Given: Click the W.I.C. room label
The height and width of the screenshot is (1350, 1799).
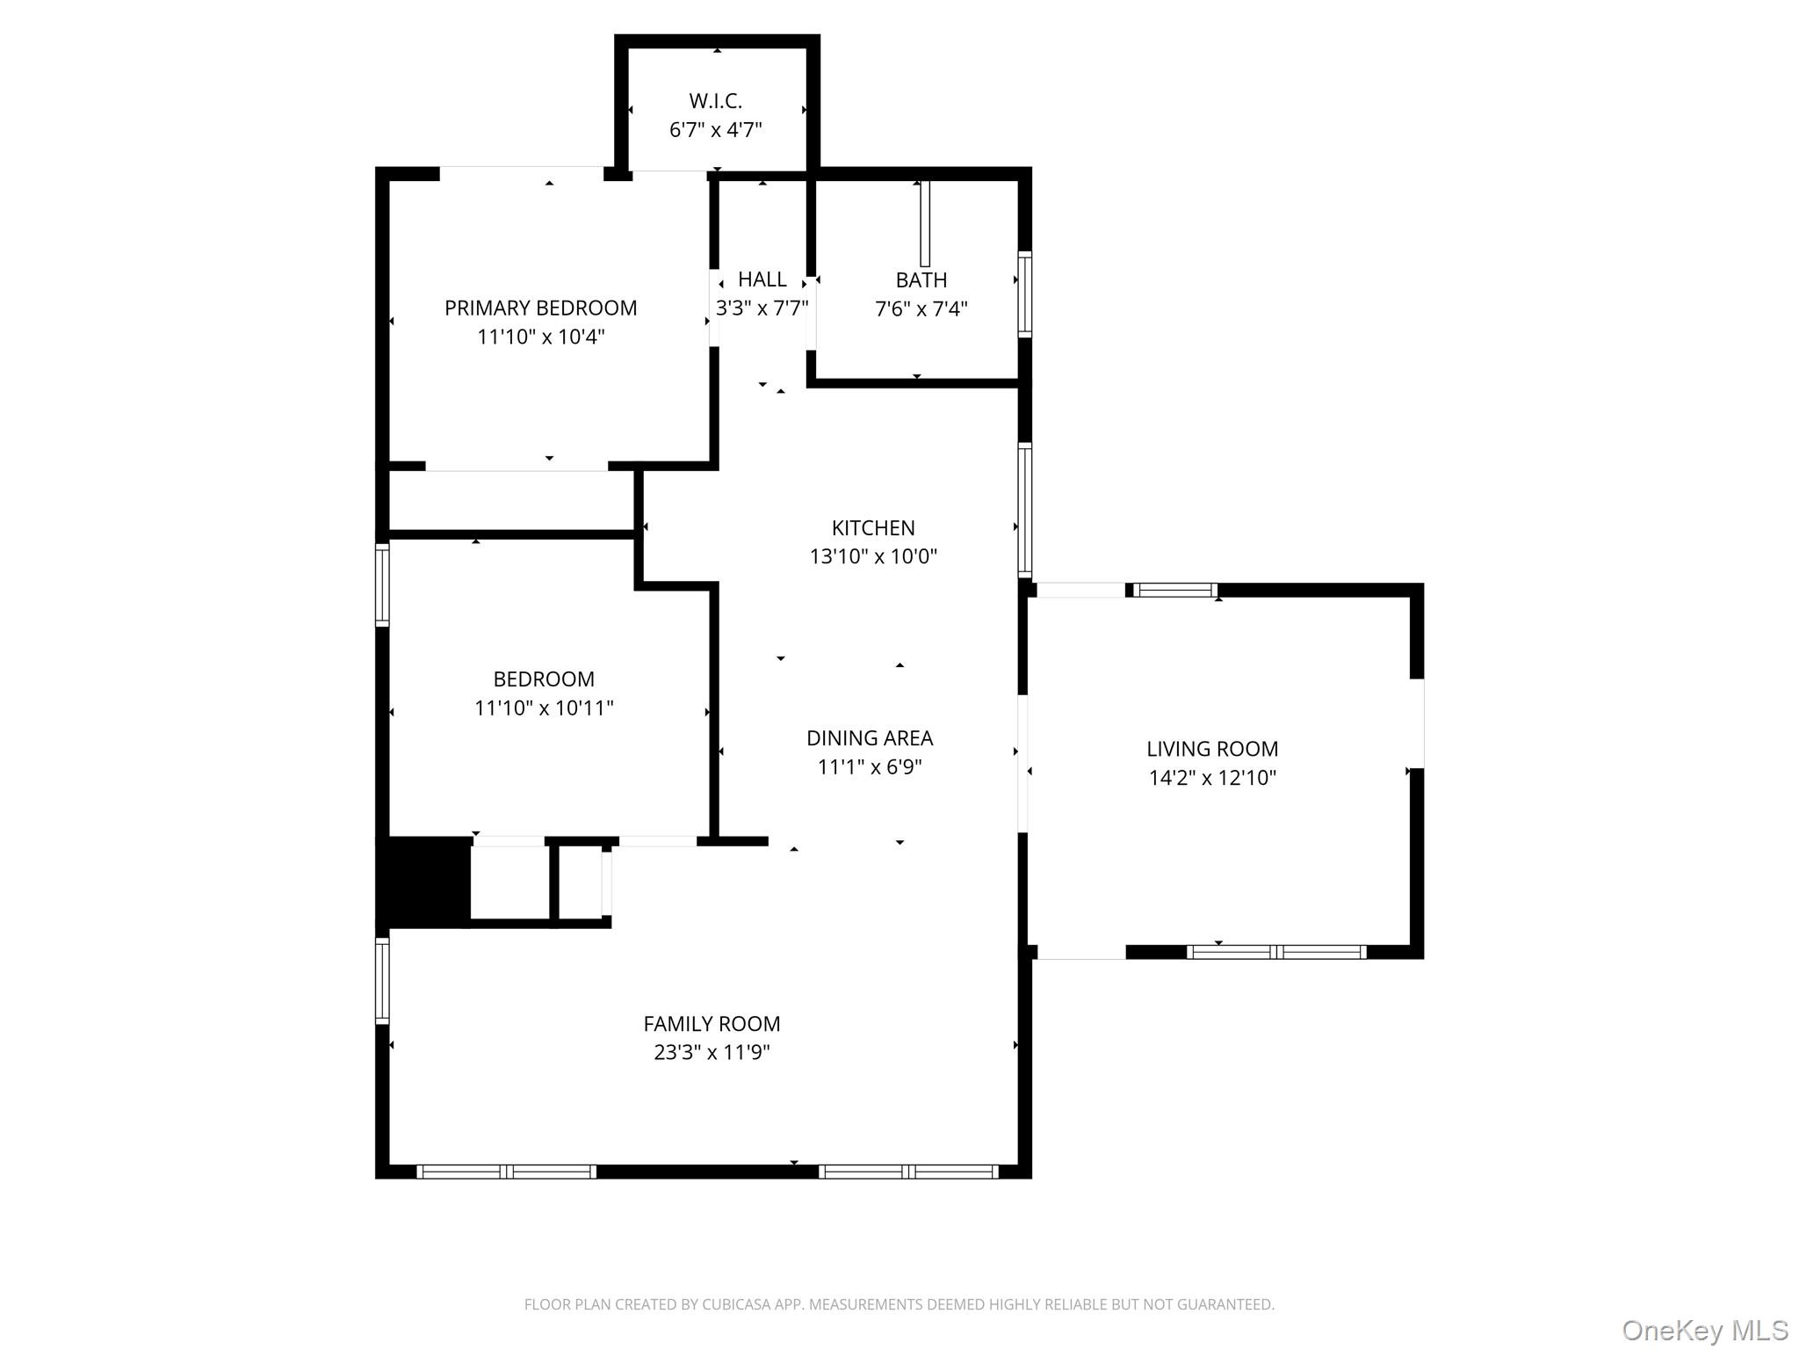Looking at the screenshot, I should [x=715, y=101].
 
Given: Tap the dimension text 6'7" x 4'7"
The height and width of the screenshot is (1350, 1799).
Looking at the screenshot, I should [x=715, y=130].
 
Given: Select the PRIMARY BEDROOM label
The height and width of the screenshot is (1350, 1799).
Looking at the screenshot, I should [x=540, y=308].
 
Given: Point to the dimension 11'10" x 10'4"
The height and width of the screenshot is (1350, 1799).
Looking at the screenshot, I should [x=540, y=337].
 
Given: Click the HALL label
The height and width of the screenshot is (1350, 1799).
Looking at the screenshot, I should [x=762, y=279].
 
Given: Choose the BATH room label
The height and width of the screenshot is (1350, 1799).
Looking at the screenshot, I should [x=921, y=280].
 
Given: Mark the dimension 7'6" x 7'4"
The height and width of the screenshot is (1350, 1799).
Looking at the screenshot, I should [x=921, y=308].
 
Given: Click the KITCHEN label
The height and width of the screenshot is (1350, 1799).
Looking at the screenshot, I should [x=873, y=528].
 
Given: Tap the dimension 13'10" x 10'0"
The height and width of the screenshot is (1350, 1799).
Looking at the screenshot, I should [x=873, y=556].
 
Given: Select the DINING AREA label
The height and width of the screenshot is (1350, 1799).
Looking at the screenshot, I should [x=870, y=738].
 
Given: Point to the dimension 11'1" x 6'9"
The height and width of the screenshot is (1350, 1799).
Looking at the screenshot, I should [x=870, y=767].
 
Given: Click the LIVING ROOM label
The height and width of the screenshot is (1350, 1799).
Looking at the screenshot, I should [x=1212, y=749].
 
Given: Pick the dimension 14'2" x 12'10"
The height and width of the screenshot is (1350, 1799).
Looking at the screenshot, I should [x=1212, y=778].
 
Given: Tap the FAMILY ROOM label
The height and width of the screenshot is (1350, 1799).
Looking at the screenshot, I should [x=712, y=1024].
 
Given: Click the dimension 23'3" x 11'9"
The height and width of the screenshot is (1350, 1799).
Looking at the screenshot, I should [x=712, y=1052].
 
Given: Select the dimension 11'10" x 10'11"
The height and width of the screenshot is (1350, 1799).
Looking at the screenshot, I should [x=544, y=708].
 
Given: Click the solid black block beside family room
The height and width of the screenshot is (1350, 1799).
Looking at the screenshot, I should [x=424, y=882].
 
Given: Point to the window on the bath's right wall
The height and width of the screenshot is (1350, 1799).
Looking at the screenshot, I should [x=1024, y=294].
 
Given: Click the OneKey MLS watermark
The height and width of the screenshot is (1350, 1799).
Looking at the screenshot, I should [x=1704, y=1330].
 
